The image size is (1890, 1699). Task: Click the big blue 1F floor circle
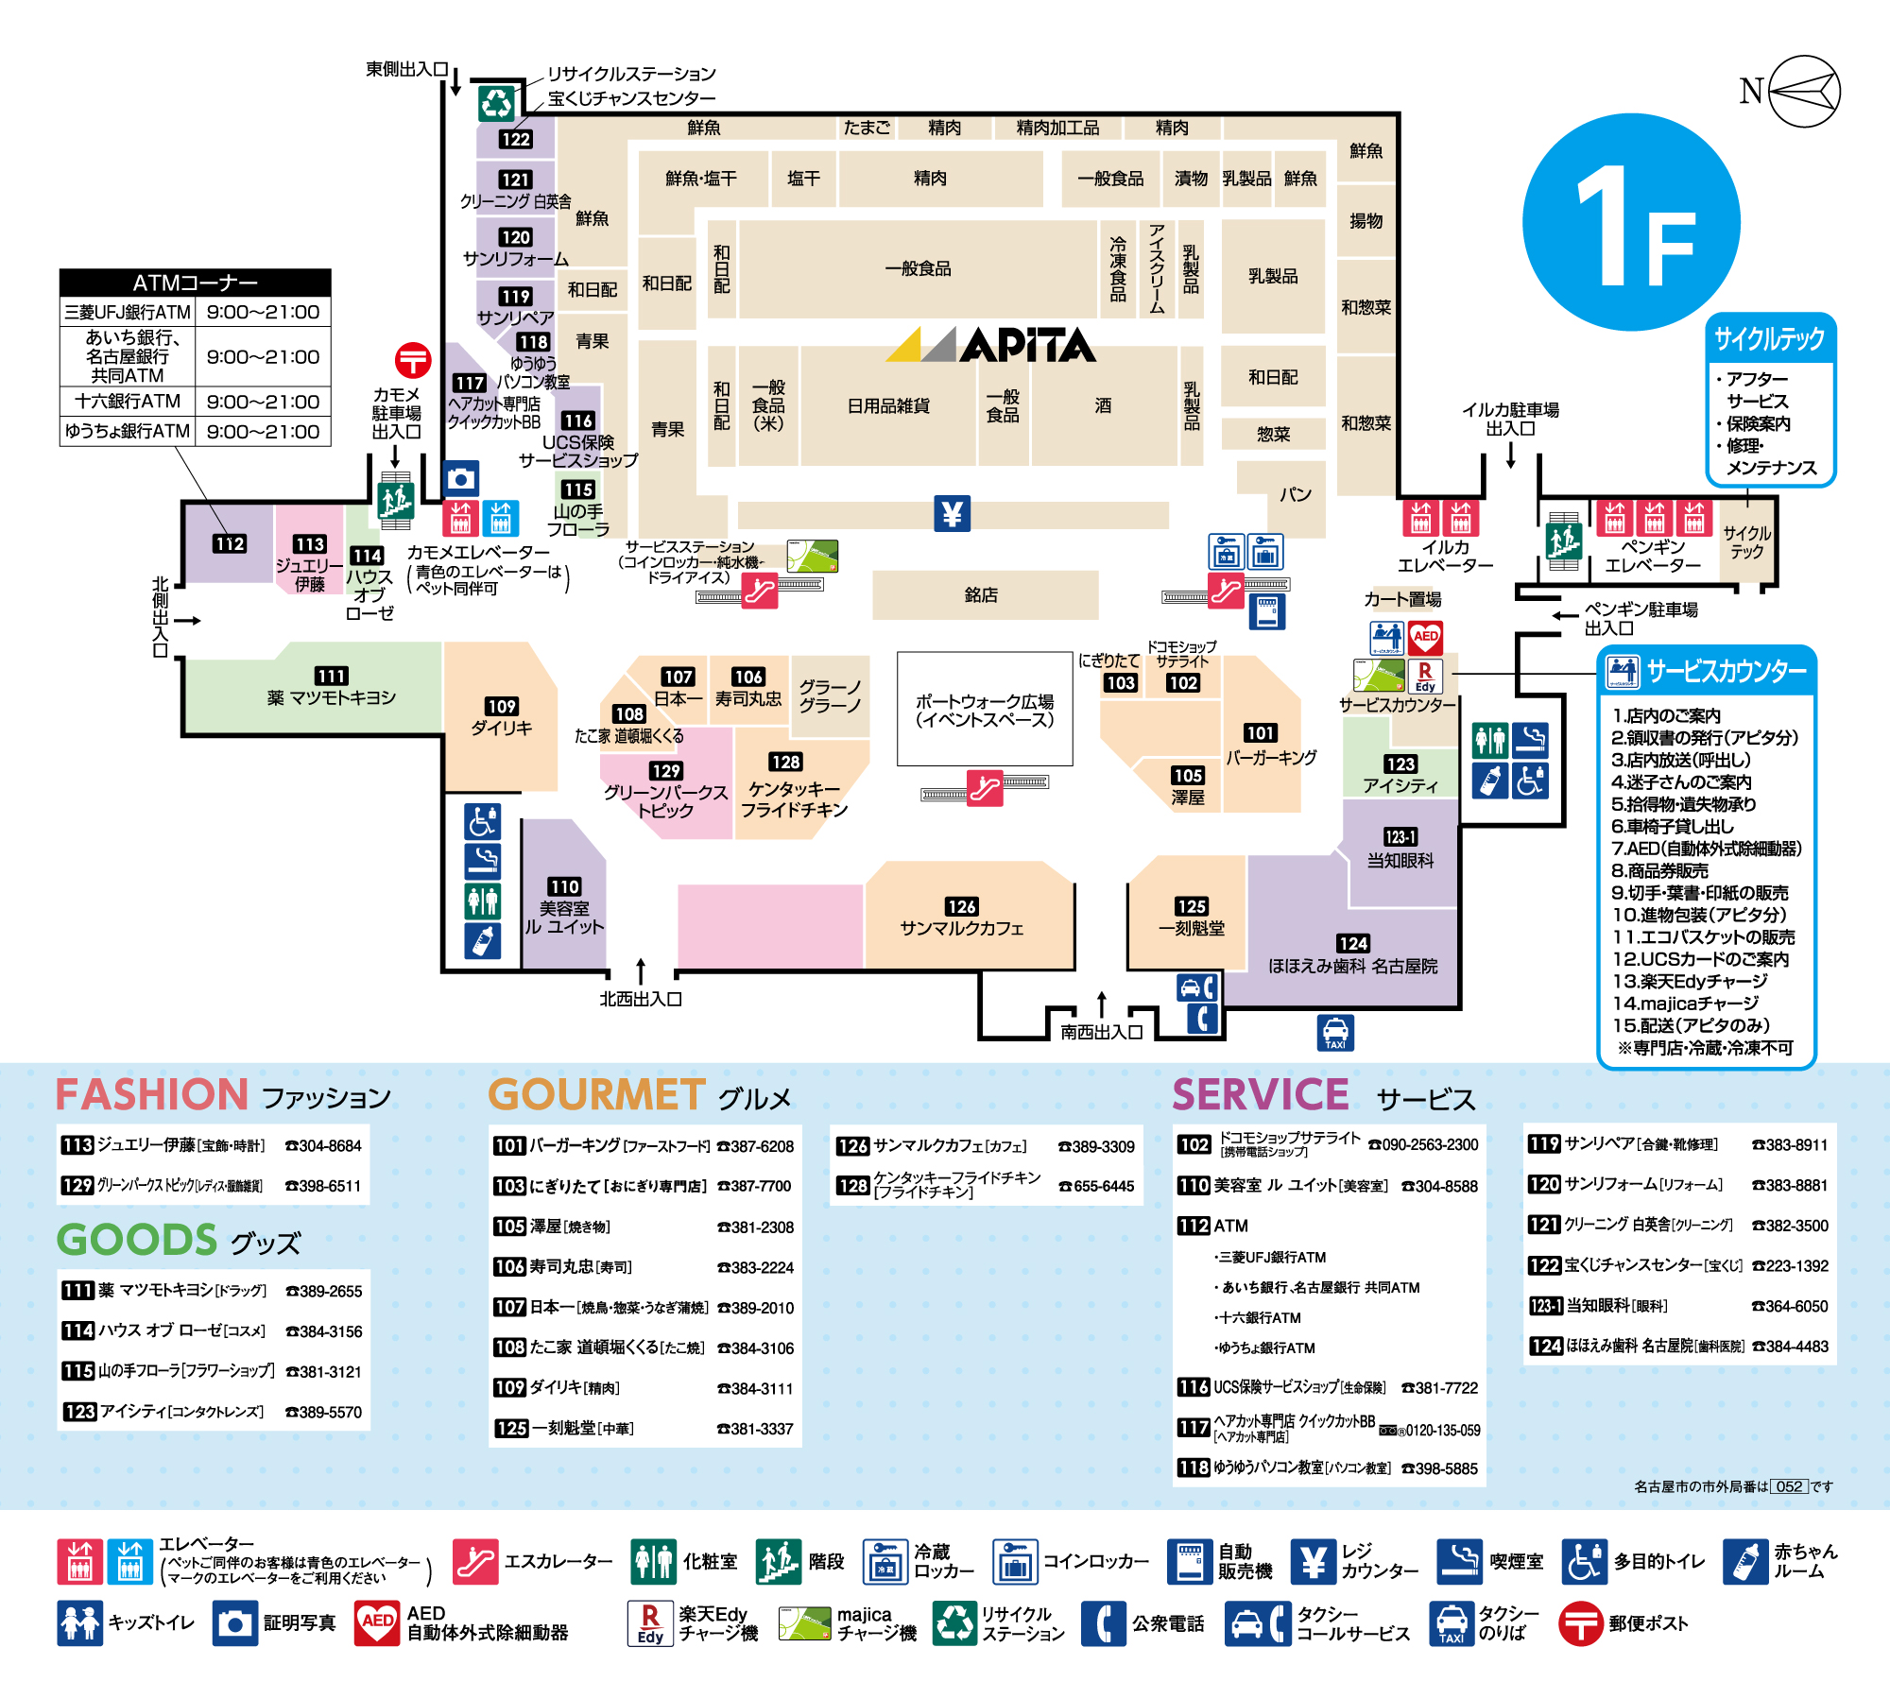[x=1631, y=222]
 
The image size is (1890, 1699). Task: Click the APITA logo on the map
[x=991, y=345]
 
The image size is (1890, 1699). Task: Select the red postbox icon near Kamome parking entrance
[x=413, y=360]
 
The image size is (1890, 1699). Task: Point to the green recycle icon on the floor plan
[x=495, y=103]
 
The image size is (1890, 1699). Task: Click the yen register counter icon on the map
[x=953, y=513]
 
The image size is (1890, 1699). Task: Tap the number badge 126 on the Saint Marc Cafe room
[x=961, y=906]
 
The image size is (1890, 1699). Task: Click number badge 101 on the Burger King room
[x=1260, y=733]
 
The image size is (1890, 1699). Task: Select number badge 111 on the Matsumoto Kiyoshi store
[x=331, y=676]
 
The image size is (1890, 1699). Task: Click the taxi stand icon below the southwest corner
[x=1335, y=1033]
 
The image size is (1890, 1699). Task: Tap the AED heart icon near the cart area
[x=1425, y=637]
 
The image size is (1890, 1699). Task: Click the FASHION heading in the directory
[x=152, y=1094]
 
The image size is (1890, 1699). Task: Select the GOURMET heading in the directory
[x=597, y=1094]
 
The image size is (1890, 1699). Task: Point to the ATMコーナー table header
[x=195, y=283]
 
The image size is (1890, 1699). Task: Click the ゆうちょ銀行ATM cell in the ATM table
[x=128, y=431]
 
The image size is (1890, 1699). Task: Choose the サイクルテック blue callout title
[x=1770, y=338]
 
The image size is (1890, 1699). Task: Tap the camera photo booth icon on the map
[x=461, y=479]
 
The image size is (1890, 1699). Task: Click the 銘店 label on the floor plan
[x=981, y=595]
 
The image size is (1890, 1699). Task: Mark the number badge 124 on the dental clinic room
[x=1353, y=943]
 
